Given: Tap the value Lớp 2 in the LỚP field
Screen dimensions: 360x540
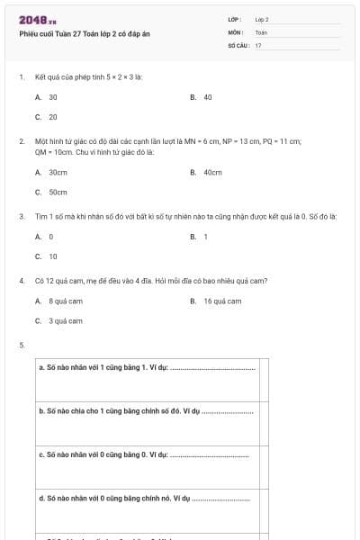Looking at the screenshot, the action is coord(262,19).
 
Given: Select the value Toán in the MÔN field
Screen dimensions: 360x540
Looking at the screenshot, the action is coord(261,31).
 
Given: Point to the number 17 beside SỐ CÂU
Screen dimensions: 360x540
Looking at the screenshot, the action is coord(258,44).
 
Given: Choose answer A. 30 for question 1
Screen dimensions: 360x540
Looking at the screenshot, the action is coord(47,96).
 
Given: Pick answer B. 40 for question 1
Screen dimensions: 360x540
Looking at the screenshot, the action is coord(202,96).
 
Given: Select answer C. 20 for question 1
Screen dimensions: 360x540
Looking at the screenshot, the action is coord(47,116).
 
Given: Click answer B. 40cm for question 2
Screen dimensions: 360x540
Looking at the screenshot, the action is coord(206,172).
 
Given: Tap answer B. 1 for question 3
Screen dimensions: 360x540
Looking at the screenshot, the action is coord(199,237).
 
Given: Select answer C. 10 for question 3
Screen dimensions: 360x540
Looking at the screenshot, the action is coord(47,256).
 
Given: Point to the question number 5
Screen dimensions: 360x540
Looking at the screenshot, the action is coord(22,345).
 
